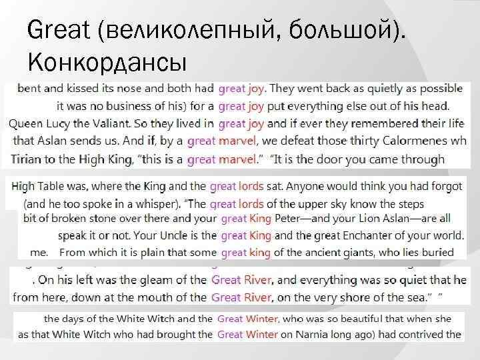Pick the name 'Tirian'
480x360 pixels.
tap(28, 159)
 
